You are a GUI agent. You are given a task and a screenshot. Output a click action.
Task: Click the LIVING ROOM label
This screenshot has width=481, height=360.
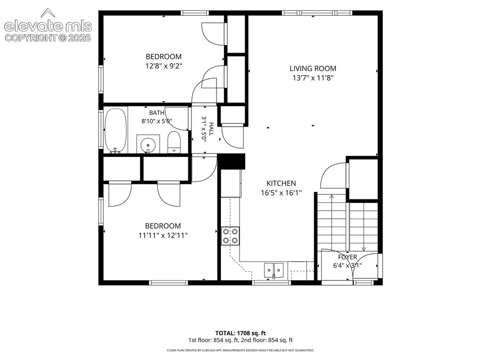(x=312, y=69)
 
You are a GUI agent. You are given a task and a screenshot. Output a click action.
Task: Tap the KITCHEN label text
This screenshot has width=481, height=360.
(x=281, y=184)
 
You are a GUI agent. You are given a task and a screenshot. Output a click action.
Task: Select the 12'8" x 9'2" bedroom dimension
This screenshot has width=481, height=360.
(x=164, y=66)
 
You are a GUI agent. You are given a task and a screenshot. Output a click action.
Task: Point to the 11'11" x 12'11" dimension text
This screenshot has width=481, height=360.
(x=163, y=236)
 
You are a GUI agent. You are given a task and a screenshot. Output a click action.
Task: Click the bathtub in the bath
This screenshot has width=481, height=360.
(x=116, y=130)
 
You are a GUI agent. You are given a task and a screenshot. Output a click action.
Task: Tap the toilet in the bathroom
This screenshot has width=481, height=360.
(x=174, y=142)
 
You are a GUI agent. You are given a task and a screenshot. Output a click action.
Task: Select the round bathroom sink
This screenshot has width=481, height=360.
(x=148, y=144)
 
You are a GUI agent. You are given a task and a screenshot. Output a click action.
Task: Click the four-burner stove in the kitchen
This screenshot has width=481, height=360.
(x=230, y=236)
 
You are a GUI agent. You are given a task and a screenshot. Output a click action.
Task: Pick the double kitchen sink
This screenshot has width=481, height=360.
(x=274, y=270)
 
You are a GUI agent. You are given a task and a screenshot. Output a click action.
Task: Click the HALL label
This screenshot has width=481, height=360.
(x=211, y=129)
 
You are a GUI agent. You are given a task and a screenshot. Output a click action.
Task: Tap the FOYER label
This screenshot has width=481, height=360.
(x=348, y=257)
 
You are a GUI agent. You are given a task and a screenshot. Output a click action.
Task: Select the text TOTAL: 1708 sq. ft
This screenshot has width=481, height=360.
(x=240, y=333)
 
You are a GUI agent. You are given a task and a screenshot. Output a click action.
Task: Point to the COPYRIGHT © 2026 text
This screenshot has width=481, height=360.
(x=48, y=38)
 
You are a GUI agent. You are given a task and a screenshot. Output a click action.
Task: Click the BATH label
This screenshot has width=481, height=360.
(x=157, y=113)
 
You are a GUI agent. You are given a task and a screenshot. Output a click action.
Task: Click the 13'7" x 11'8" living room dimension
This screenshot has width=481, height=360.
(x=313, y=78)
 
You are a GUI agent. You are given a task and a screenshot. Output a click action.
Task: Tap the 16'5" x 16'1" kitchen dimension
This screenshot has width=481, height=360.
(x=281, y=193)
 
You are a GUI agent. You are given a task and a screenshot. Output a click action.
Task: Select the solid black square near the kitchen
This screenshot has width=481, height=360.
(x=233, y=161)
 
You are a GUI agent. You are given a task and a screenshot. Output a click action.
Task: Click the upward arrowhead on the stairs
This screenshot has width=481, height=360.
(x=331, y=196)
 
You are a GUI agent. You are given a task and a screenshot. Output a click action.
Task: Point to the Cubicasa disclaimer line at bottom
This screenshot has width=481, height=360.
(x=240, y=350)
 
